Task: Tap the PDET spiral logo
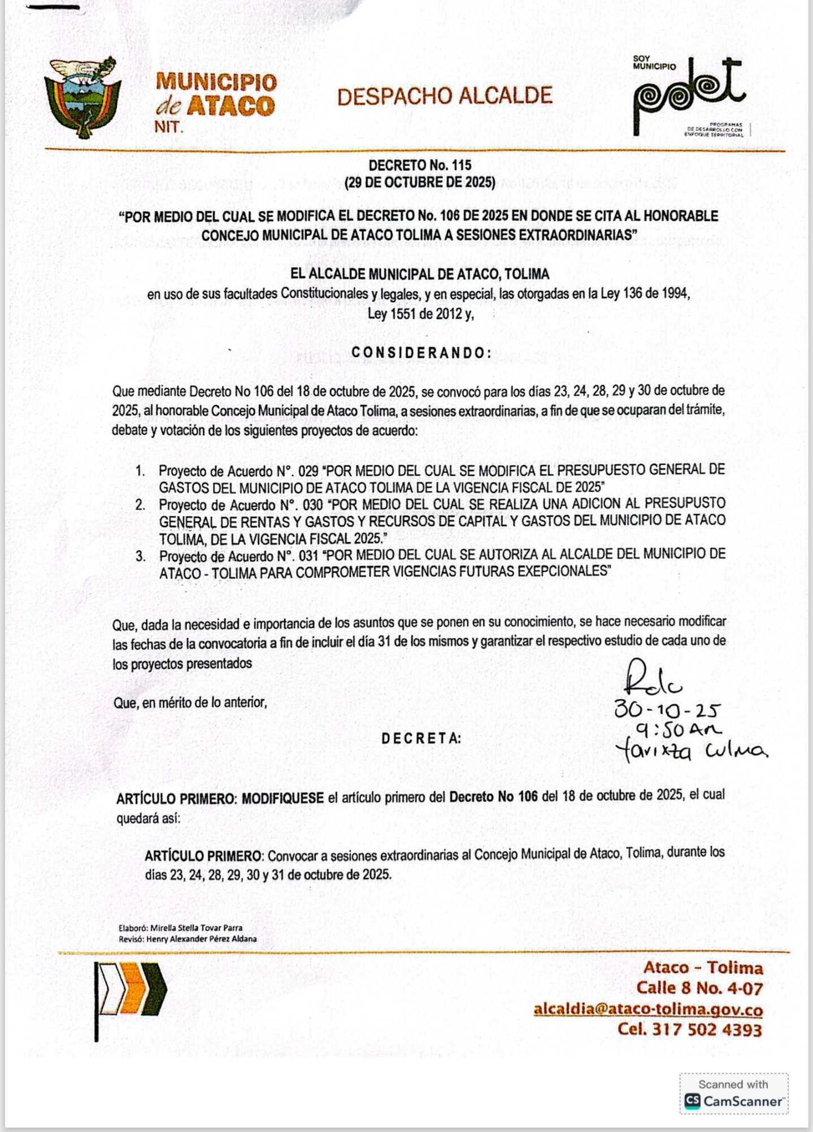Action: click(689, 96)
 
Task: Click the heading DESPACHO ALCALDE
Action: click(445, 97)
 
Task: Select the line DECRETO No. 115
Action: click(420, 166)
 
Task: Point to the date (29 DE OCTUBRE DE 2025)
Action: click(420, 183)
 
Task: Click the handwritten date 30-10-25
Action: click(667, 710)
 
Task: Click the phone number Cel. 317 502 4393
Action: click(690, 1030)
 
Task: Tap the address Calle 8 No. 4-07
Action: click(699, 988)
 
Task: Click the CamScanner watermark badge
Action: click(733, 1094)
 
